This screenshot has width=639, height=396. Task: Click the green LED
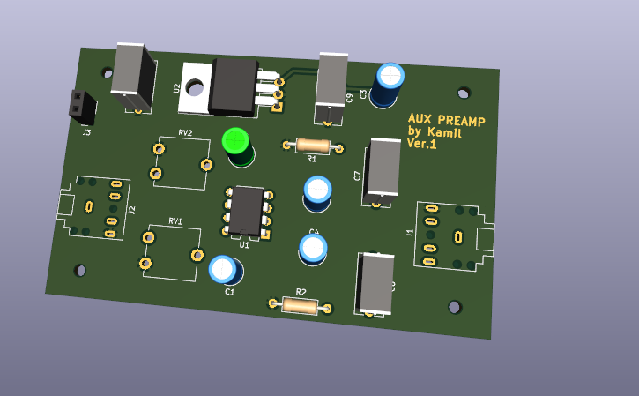(236, 142)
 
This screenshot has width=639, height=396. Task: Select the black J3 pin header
(82, 107)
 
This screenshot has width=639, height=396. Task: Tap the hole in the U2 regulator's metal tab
(195, 87)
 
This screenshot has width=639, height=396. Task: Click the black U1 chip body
(248, 210)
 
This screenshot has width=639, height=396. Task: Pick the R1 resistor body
(311, 146)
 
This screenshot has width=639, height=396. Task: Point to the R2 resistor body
(300, 306)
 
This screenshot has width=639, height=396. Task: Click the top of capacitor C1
(223, 269)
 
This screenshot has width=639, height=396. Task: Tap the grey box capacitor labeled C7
(383, 167)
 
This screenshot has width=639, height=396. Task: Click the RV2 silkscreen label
(185, 132)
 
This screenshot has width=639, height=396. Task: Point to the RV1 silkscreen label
(175, 220)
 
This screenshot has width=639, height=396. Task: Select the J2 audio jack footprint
(93, 208)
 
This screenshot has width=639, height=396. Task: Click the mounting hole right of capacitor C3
(464, 92)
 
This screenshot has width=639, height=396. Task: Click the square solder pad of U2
(277, 108)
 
